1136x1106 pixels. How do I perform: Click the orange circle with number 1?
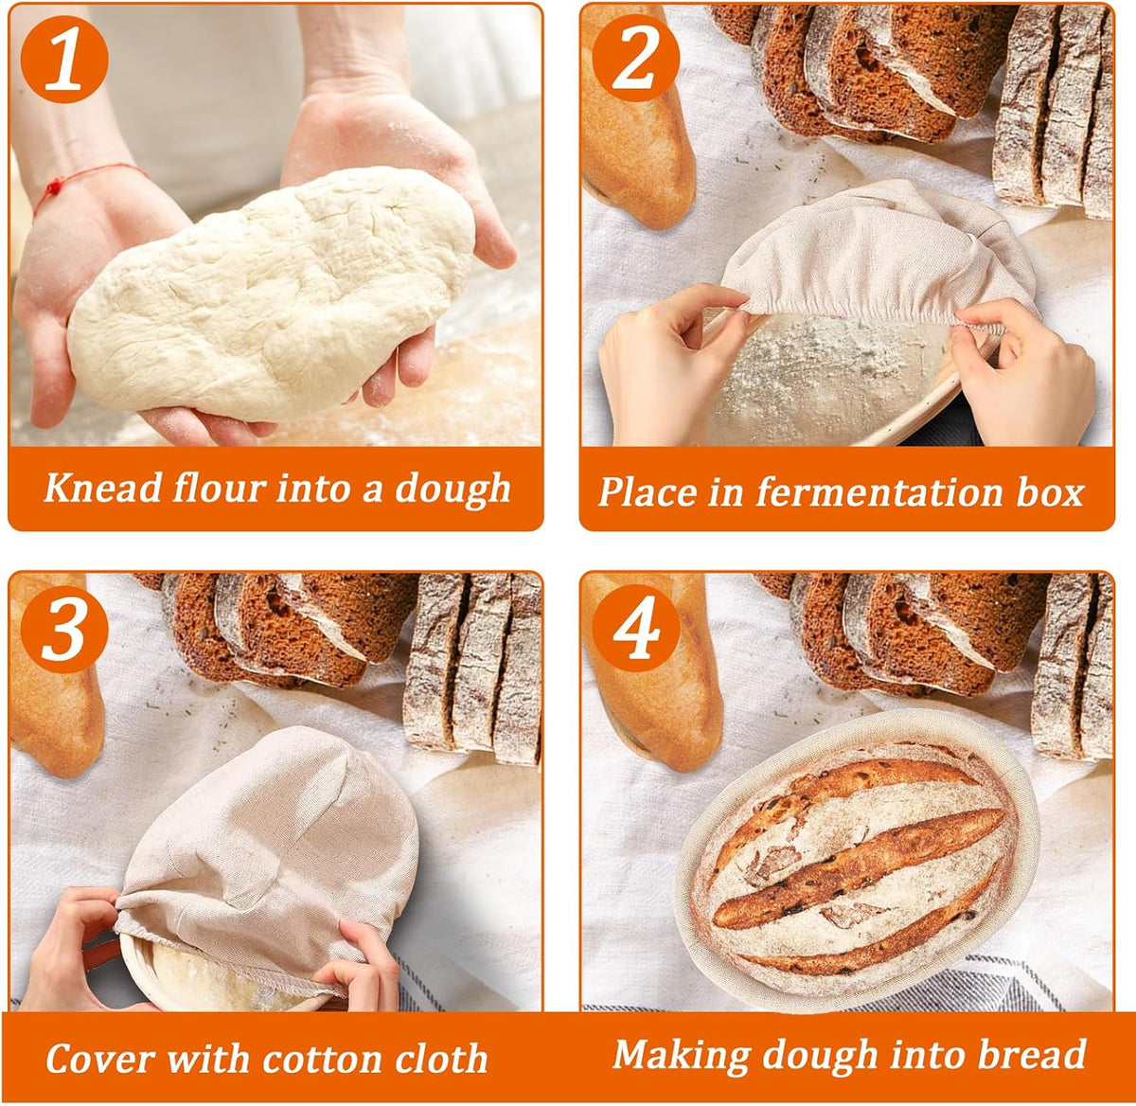click(64, 59)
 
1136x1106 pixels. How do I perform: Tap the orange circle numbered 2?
click(636, 58)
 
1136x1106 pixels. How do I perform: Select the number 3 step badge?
click(64, 629)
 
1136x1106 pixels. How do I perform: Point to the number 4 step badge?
click(636, 629)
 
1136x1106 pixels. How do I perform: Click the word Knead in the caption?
click(103, 487)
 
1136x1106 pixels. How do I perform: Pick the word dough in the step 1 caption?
click(453, 490)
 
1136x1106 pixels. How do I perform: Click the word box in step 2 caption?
click(1050, 491)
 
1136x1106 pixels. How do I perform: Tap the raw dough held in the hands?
click(272, 294)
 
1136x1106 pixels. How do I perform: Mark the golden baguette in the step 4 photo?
click(651, 671)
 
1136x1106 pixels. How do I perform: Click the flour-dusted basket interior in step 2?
click(829, 374)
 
